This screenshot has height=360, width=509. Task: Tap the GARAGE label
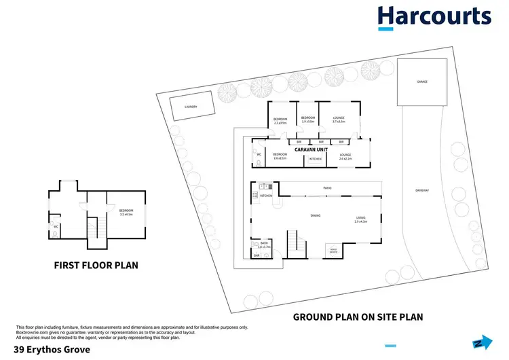pos(422,82)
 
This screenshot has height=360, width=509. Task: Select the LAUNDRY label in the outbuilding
pos(191,107)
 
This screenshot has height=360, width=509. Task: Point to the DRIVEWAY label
pos(423,190)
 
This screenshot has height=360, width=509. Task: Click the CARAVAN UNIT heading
pos(312,149)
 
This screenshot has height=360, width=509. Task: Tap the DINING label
pos(316,215)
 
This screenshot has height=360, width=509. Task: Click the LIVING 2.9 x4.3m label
pos(360,219)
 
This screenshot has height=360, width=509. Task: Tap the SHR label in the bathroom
pos(257,255)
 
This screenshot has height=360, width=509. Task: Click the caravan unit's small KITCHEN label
pos(316,159)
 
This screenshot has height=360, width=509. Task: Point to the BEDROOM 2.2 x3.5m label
pos(281,121)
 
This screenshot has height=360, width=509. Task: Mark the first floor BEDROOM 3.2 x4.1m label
pos(126,212)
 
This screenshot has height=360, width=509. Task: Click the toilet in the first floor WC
pos(56,232)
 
